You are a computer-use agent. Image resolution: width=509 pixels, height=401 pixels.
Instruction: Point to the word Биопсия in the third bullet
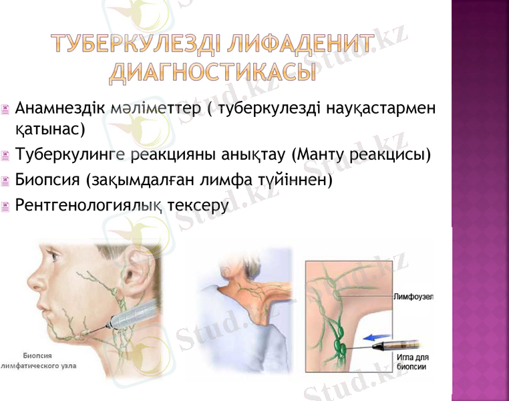pos(46,180)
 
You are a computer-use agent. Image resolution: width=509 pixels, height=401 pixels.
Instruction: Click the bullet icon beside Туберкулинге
pos(6,157)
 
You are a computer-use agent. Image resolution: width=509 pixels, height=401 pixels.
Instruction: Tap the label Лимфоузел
pos(413,296)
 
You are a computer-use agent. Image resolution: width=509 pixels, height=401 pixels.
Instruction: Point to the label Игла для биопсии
pos(413,362)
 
